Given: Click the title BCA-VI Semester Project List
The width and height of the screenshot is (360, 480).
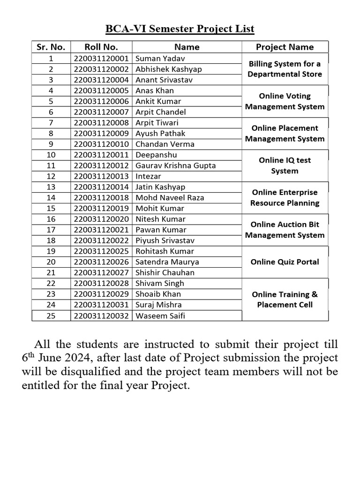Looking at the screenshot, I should pos(180,29).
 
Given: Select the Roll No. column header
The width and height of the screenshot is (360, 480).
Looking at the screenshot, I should pos(101,47).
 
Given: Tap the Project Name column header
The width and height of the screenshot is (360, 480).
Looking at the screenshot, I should pos(285,47).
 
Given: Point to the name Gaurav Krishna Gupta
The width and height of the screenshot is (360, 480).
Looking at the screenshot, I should pos(175,165).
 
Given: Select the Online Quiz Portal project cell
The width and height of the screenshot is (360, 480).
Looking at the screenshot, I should pos(285,262).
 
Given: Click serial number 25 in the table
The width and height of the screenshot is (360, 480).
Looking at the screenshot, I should pos(51,315).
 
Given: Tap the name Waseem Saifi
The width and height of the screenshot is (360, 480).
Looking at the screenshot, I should pos(160,315).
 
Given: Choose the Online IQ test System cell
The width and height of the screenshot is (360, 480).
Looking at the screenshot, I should pos(285,165).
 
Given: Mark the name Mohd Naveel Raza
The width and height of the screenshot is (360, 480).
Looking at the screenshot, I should pos(170,198).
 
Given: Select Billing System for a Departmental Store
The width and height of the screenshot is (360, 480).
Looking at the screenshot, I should pos(285,69).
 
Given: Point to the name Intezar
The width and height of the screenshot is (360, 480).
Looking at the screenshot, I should pos(148,176).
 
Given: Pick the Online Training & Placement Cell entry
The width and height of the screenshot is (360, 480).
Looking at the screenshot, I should pos(285,300).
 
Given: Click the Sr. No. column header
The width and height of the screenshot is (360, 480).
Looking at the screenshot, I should pos(51,47).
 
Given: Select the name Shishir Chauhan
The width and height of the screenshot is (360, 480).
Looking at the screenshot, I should pos(165,272).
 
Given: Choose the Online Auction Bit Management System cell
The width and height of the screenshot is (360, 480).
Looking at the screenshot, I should pos(285,230).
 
